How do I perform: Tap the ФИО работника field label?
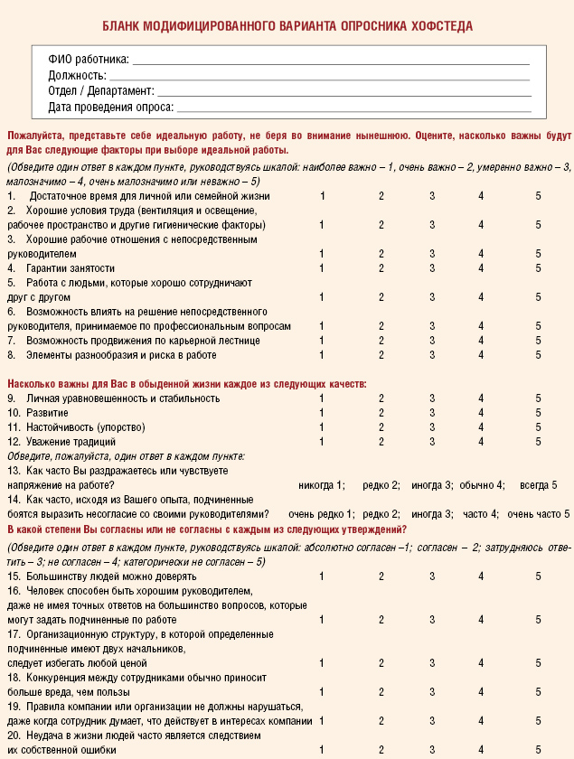(x=89, y=60)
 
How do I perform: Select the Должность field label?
(x=77, y=76)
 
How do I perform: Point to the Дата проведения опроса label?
(x=110, y=108)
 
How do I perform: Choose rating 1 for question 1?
(x=322, y=196)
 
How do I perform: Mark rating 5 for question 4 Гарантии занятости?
(x=538, y=268)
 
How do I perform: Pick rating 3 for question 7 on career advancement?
(x=432, y=341)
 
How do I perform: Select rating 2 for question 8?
(x=381, y=355)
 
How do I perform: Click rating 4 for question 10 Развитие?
(x=482, y=413)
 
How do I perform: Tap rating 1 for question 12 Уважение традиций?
(x=322, y=442)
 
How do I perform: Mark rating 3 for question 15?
(x=432, y=576)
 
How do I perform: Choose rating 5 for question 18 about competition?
(x=538, y=691)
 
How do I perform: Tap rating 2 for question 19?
(x=381, y=720)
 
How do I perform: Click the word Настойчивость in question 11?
(x=60, y=427)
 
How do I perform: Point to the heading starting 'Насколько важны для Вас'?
(x=186, y=384)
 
